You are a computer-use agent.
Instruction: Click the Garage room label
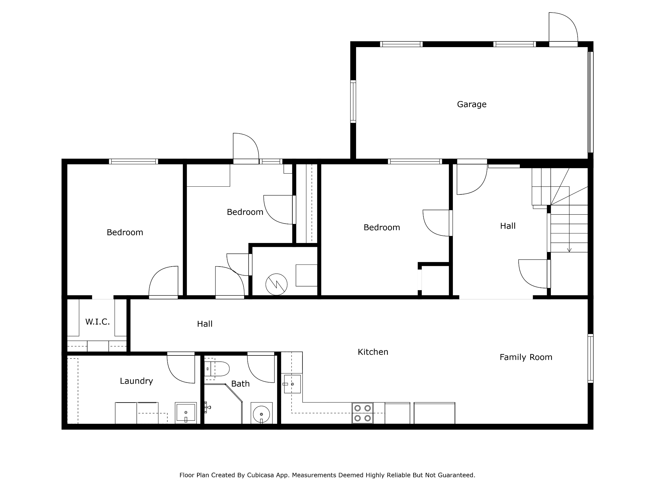472,104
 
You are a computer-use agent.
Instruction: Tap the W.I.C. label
98,322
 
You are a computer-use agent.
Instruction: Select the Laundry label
136,381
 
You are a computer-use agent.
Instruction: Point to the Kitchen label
373,352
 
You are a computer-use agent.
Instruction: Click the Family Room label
526,357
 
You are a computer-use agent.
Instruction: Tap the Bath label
240,384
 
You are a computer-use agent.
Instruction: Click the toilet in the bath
217,369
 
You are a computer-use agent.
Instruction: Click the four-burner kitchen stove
363,413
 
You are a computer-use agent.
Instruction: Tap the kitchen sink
292,384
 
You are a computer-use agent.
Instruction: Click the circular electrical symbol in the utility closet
276,284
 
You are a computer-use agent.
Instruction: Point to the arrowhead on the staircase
569,250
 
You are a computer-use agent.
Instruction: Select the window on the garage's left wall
353,102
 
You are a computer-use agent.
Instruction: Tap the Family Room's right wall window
590,358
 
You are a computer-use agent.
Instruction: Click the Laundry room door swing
181,369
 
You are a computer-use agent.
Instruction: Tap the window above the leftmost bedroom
133,161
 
